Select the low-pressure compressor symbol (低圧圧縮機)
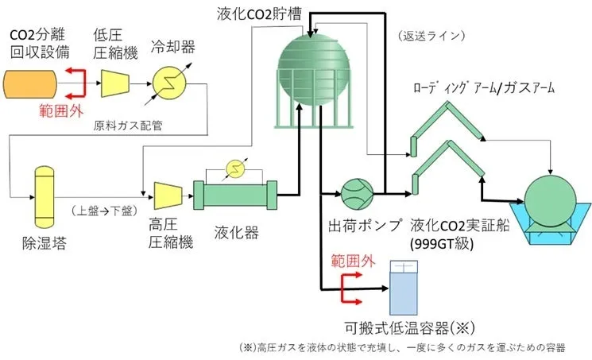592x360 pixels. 115,82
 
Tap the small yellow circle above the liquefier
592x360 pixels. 234,167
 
